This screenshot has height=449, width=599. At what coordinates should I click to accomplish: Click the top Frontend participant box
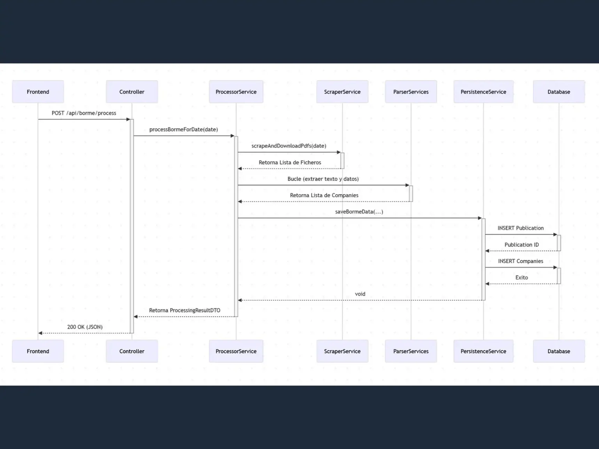tap(38, 92)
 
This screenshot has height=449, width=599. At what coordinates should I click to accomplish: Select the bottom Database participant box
tap(558, 351)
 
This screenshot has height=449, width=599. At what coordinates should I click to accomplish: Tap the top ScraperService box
tap(342, 92)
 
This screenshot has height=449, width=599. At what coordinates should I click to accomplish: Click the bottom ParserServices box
tap(411, 351)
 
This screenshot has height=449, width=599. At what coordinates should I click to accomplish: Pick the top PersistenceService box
tap(483, 92)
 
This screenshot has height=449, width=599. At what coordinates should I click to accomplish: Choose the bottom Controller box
tap(132, 351)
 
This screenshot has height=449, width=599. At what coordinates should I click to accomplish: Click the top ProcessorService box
tap(236, 92)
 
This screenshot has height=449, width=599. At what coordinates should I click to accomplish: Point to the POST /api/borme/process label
tap(84, 113)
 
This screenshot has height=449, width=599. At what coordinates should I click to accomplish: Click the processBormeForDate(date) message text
tap(183, 129)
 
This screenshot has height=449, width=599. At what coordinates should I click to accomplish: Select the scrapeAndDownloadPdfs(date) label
tap(289, 146)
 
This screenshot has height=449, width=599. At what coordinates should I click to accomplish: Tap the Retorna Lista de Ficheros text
tap(290, 163)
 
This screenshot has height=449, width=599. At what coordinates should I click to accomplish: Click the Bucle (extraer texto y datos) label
tap(323, 179)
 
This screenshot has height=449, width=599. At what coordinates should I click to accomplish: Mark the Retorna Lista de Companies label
tap(324, 195)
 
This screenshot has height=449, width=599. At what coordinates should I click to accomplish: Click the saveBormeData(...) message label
tap(359, 212)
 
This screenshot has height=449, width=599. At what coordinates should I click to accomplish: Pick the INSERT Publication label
tap(520, 228)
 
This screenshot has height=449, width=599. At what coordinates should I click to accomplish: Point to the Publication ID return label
tap(521, 245)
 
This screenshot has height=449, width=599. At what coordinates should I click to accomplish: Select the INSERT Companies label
tap(520, 261)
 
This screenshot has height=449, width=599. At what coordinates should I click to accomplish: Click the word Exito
tap(521, 278)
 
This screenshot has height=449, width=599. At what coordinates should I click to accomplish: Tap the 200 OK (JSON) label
tap(85, 327)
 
